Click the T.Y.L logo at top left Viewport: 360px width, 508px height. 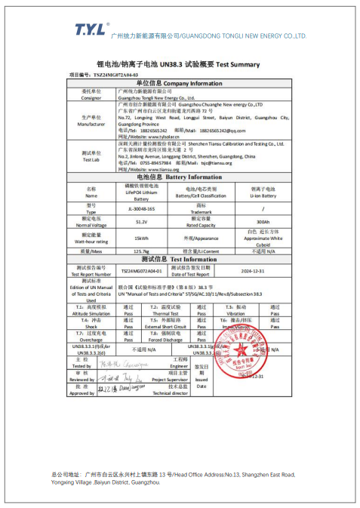90,29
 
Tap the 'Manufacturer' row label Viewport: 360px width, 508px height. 91,121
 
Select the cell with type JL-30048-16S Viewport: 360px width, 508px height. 141,208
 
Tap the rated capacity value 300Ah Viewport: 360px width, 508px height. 263,222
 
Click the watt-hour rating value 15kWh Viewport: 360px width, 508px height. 141,239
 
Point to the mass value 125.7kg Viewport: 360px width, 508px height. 141,251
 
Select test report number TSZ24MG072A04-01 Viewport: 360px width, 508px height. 142,269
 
